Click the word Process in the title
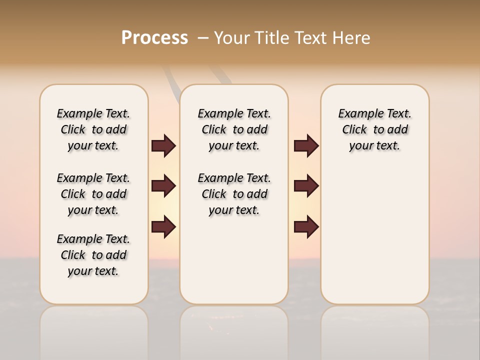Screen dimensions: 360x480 [154, 38]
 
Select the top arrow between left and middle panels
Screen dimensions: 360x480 [163, 146]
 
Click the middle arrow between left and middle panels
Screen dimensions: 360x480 [163, 186]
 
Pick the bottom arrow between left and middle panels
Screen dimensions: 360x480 [163, 227]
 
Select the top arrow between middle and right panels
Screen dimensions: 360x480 [306, 146]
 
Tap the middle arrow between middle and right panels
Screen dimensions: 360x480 [306, 186]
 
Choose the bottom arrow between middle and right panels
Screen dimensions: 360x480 [306, 227]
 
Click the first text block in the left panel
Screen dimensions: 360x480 [93, 129]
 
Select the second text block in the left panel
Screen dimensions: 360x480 [93, 194]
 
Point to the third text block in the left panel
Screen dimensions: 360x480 [93, 255]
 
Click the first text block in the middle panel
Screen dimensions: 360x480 [234, 129]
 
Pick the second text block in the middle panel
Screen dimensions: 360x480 [234, 194]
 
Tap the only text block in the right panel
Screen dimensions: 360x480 [374, 129]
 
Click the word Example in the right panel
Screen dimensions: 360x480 [356, 114]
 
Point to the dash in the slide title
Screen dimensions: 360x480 [202, 38]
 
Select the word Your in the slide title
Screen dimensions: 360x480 [232, 38]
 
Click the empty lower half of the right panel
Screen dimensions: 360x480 [374, 240]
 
